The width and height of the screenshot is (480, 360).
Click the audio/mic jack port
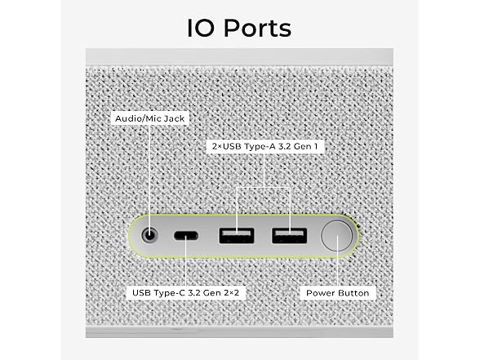[149, 236]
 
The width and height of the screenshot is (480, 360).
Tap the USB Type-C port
[186, 236]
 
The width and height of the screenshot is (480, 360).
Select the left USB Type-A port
[237, 236]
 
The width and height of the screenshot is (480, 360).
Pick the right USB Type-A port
[290, 236]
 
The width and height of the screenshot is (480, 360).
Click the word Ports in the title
[257, 28]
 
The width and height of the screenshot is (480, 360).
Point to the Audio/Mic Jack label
[149, 118]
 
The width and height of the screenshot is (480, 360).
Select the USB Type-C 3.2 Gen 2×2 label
[185, 292]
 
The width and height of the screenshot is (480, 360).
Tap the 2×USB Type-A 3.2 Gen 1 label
[264, 146]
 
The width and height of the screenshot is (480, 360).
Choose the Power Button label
[338, 293]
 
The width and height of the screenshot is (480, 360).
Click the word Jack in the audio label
[174, 119]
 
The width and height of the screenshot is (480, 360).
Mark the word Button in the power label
[353, 293]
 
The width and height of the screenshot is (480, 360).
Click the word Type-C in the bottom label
[170, 293]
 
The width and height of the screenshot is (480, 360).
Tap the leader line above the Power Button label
[337, 261]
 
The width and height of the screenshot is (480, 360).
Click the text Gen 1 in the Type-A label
[305, 146]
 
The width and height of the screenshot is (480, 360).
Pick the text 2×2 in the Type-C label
[232, 292]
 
